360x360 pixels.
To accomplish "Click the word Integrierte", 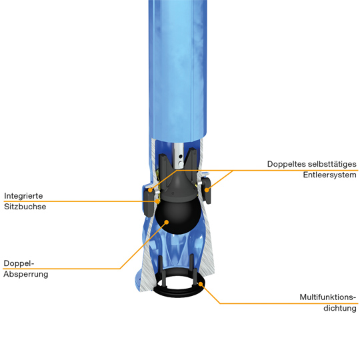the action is tap(23, 196).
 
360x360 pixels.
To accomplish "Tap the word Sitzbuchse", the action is tap(25, 207).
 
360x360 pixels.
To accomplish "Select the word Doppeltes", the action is tap(287, 165).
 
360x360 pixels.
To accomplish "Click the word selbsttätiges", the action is tap(332, 164).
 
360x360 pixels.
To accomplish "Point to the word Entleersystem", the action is tap(330, 175).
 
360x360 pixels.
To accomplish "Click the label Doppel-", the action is tap(19, 263).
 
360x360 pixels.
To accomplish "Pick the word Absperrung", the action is tap(26, 274).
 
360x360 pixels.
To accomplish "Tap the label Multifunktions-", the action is tap(328, 297).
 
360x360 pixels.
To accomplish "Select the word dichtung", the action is tap(340, 308).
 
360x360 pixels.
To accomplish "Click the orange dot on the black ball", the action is tap(167, 222).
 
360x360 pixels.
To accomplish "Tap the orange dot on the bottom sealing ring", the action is tap(201, 284).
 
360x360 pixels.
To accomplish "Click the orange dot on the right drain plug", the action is tap(207, 190).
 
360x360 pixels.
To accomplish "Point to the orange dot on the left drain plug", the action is tap(150, 190).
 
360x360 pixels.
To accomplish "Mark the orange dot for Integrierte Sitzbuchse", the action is tap(157, 201).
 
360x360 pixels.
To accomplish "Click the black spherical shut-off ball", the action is tap(178, 215).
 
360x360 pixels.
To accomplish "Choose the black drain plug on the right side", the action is tap(207, 191).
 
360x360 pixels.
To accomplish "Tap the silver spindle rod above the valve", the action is tap(178, 155).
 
